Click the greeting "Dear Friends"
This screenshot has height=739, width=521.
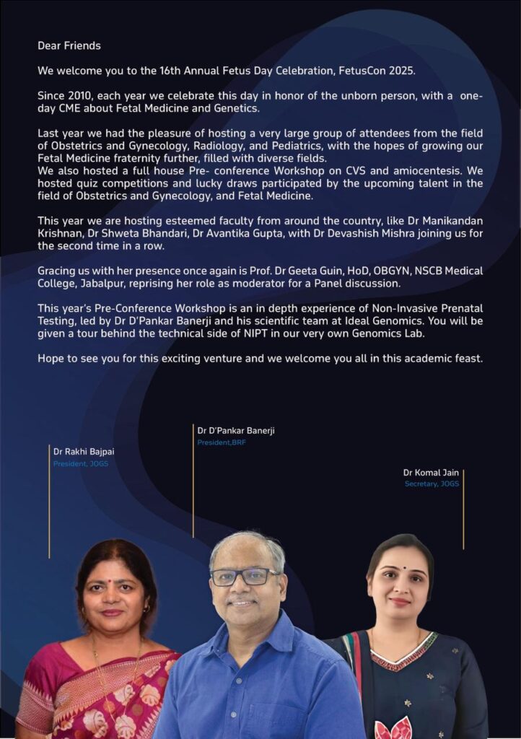coord(69,45)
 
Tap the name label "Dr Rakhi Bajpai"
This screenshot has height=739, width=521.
coord(84,452)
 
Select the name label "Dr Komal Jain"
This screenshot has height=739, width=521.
coord(431,473)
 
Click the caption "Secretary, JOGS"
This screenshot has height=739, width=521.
coord(432,484)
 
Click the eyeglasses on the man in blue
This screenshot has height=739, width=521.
coord(244,577)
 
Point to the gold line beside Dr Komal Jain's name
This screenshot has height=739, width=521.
coord(463,509)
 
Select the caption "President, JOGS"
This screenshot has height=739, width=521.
coord(80,463)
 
